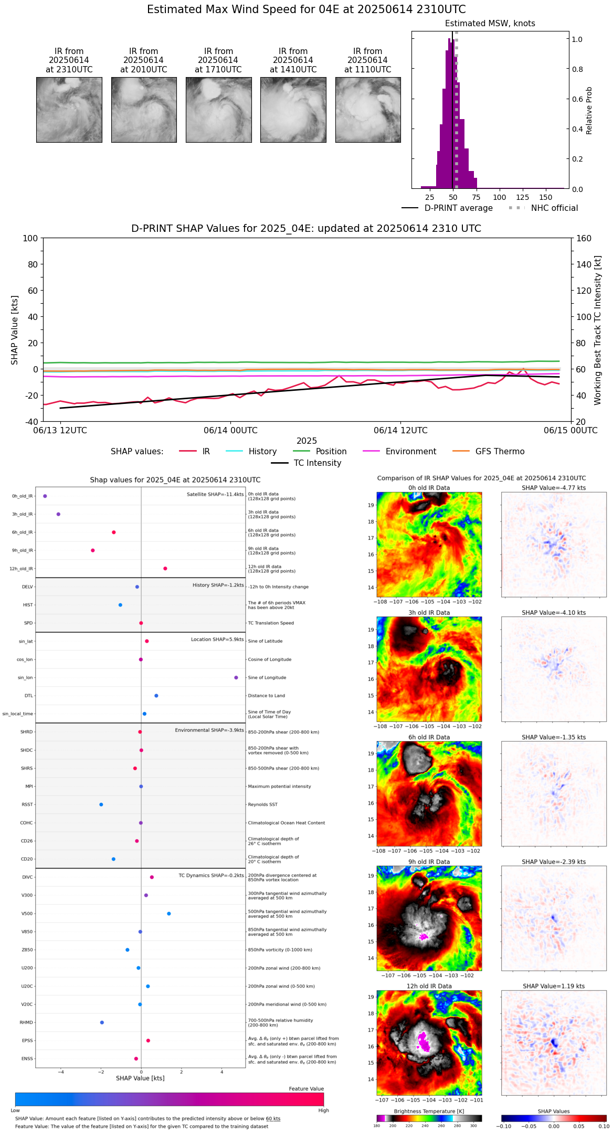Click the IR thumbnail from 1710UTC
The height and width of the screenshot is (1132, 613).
[218, 110]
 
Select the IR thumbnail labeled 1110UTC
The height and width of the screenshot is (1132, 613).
[368, 110]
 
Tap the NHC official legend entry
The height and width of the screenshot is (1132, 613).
[554, 208]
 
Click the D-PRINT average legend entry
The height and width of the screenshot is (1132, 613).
[458, 208]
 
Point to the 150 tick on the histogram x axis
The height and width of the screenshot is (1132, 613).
[546, 197]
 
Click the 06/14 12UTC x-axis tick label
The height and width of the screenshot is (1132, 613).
[400, 431]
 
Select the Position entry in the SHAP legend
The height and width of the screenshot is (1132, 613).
[331, 452]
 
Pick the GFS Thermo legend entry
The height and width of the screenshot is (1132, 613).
[500, 452]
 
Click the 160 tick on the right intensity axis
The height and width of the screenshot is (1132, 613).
[584, 238]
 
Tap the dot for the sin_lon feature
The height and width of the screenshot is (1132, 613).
[236, 678]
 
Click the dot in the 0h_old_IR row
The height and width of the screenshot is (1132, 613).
[45, 496]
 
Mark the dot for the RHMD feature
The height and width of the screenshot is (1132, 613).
[102, 1022]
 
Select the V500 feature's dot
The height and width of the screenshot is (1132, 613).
[169, 913]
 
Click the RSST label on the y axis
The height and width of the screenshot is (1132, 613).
[27, 805]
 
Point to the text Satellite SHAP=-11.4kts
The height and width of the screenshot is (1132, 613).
[215, 495]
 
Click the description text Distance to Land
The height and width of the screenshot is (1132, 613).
[267, 696]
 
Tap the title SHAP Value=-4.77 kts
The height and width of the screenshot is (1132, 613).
[554, 488]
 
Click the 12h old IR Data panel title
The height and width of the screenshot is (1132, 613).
[429, 986]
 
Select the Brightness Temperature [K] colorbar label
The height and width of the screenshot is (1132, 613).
[429, 1111]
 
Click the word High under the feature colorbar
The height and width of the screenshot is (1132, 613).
[323, 1110]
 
